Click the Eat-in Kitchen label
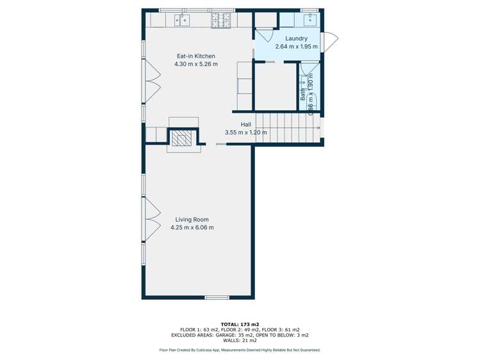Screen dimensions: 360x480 tap(195, 56)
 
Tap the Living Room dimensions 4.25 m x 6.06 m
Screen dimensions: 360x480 tap(192, 227)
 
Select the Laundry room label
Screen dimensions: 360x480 tap(296, 38)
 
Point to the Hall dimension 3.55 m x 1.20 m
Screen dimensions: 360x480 tap(245, 133)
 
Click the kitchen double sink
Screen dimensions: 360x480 tap(181, 20)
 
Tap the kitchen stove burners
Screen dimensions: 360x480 tap(222, 20)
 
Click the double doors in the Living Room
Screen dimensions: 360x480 tap(151, 218)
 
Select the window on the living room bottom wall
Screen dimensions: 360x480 tap(217, 297)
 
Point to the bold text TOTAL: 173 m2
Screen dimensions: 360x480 tap(240, 323)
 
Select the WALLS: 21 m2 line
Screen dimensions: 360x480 tap(240, 341)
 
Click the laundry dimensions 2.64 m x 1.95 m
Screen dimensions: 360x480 tap(296, 46)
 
